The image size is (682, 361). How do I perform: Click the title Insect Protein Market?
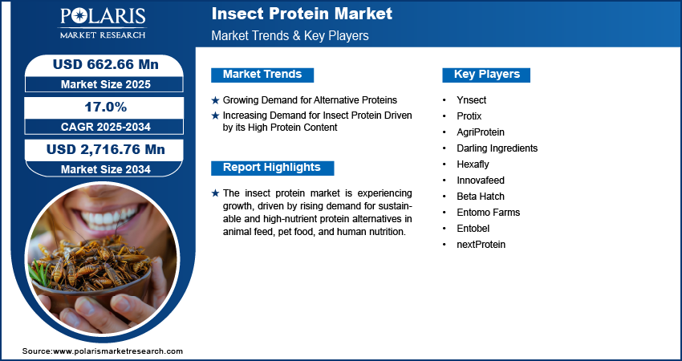(302, 14)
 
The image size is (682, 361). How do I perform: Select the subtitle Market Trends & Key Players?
(290, 37)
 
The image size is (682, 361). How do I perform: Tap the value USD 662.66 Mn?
(105, 64)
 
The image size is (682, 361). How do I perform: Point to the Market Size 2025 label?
(105, 83)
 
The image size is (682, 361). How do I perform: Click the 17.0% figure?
(105, 107)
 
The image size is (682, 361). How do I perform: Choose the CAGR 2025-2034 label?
(105, 126)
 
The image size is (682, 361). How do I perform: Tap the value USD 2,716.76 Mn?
(105, 149)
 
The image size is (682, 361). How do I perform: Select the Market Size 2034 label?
(105, 168)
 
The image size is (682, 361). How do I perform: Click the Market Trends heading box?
(262, 75)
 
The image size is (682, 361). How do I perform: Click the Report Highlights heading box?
(272, 168)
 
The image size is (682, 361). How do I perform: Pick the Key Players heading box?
(487, 75)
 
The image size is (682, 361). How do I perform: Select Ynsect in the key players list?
(472, 100)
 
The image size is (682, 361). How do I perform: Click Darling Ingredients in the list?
(497, 148)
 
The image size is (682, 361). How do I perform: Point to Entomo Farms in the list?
(489, 213)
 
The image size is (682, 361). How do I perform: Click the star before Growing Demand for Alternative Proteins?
(215, 100)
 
